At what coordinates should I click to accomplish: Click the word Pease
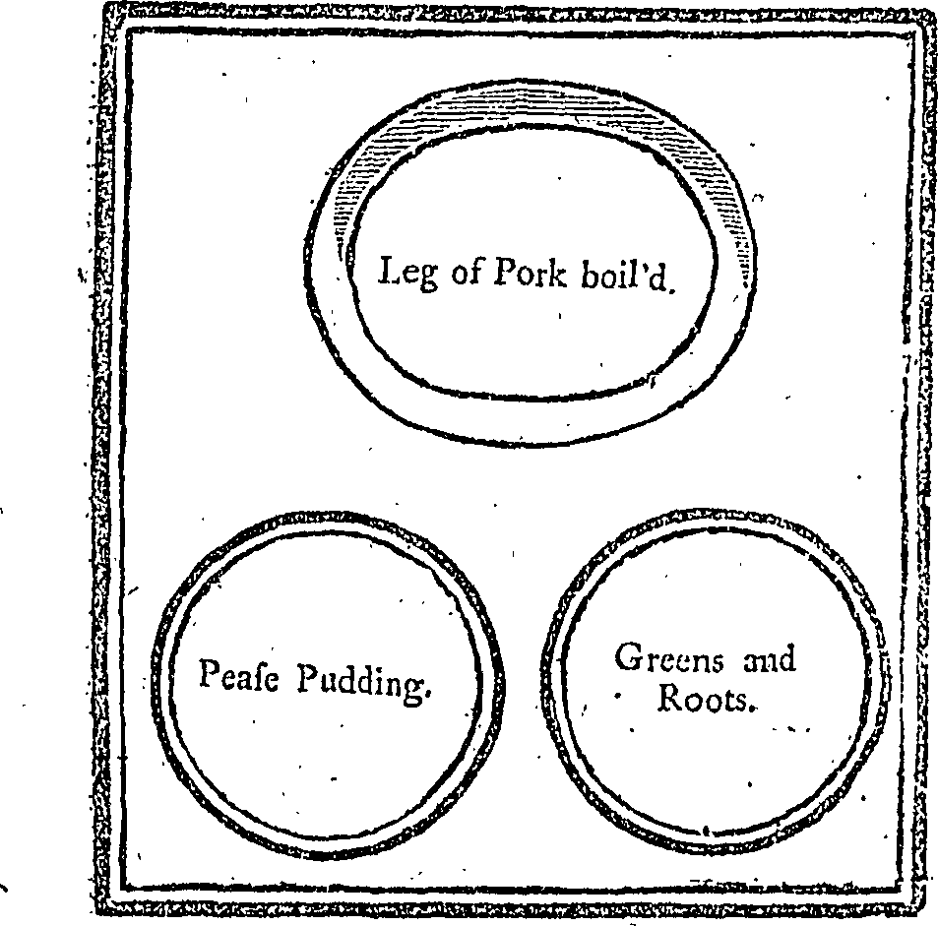239,675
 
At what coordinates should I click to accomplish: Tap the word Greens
668,657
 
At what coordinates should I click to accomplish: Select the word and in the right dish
769,658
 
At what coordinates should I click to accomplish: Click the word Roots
703,698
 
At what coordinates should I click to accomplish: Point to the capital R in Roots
671,697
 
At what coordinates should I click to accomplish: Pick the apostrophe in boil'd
646,266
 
